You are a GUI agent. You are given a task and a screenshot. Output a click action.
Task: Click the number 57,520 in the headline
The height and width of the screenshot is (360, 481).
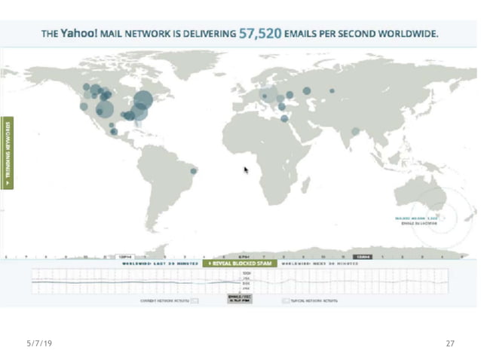pos(260,34)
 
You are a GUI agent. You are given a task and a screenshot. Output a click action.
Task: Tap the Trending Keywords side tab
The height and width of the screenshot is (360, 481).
pos(9,153)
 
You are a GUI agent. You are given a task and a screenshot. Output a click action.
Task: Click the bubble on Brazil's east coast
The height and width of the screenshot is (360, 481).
pos(194,171)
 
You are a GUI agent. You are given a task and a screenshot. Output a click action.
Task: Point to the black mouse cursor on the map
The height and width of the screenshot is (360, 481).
pos(246,169)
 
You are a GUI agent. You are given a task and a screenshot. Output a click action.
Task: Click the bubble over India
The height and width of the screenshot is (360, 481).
pos(355,131)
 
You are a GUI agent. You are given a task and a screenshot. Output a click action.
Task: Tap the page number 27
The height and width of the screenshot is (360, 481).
pos(450,343)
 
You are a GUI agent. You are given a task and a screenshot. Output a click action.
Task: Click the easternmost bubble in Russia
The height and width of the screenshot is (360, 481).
pos(332,92)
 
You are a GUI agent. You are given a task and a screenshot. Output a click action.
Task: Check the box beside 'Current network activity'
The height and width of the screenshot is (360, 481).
pos(195,301)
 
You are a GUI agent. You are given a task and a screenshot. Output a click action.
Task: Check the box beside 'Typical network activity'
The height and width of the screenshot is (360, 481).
pos(286,301)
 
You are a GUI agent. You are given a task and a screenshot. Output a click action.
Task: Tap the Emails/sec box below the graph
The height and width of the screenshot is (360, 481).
pos(239,299)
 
